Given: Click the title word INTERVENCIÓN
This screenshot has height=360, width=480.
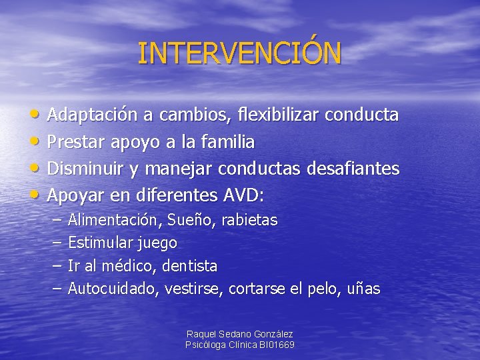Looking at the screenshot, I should (x=239, y=53).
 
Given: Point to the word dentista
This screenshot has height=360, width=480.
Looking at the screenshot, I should (x=190, y=266).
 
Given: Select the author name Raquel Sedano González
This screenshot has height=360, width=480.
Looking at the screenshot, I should (x=240, y=334).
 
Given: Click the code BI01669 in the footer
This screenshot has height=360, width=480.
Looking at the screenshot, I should (x=276, y=345).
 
